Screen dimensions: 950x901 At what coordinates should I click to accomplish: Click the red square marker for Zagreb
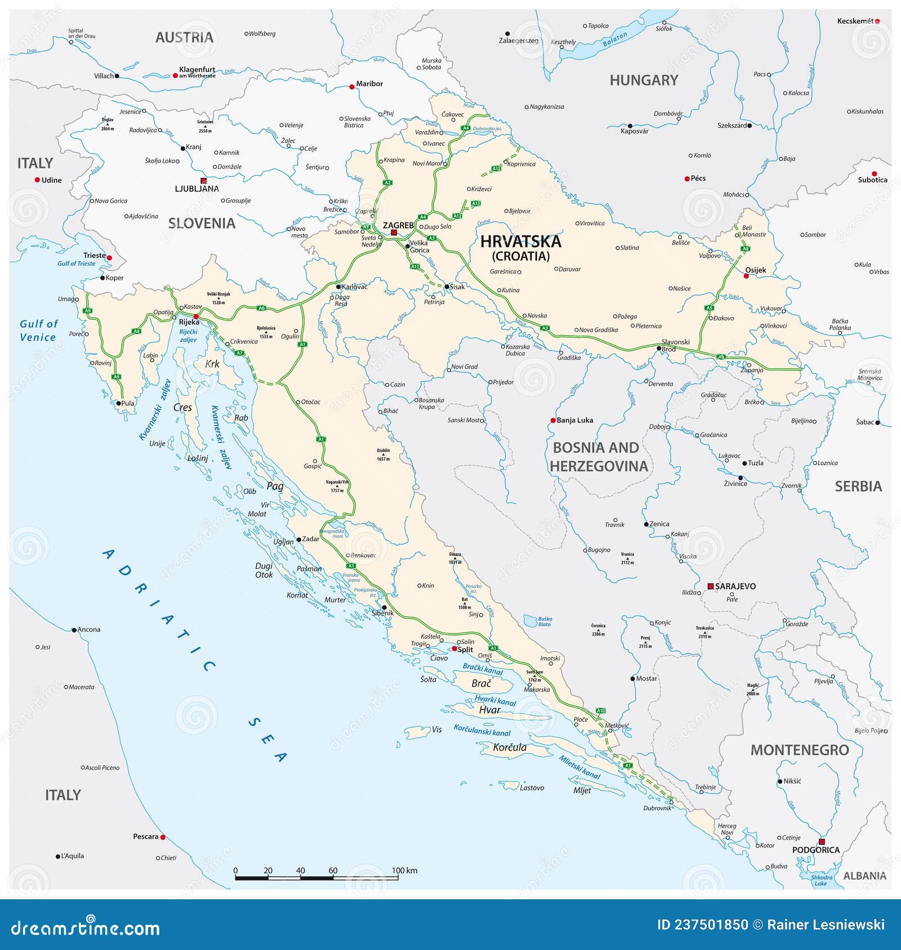coord(394,232)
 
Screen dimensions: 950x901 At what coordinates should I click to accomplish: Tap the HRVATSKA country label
coord(520,242)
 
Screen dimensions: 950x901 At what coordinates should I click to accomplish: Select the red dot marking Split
coord(454,649)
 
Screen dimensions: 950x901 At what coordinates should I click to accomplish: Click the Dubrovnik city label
coord(657,808)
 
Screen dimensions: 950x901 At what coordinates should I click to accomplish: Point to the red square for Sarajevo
coord(711,586)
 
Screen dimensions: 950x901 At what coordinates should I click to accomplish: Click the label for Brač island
coord(481,683)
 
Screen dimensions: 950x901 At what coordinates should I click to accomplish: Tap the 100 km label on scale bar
coord(404,871)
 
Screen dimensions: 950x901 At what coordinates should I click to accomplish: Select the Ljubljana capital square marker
coord(204,181)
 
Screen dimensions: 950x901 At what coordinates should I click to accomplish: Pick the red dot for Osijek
coord(746,276)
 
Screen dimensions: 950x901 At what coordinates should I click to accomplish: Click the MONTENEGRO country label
coord(799,750)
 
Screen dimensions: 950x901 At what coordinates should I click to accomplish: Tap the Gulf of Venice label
coord(38,331)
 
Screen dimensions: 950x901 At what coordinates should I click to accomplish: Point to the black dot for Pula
coord(118,403)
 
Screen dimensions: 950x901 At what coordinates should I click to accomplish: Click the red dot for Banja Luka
coord(553,420)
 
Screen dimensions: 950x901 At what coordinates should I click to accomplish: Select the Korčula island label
coord(510,747)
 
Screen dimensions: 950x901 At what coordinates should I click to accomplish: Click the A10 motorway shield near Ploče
coord(601,711)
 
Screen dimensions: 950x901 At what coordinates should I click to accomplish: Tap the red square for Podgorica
coord(822,842)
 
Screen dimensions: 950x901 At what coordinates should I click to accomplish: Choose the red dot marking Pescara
coord(163,837)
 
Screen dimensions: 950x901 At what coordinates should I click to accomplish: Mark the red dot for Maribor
coord(352,87)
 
